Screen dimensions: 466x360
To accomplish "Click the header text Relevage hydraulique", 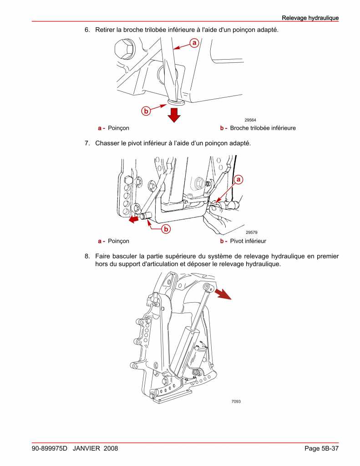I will pyautogui.click(x=310, y=18).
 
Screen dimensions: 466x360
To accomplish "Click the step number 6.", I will pyautogui.click(x=87, y=30).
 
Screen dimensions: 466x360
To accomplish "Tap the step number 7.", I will pyautogui.click(x=87, y=143).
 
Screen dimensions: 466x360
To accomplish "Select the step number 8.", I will pyautogui.click(x=87, y=257).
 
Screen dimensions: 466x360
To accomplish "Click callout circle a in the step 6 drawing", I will pyautogui.click(x=193, y=43).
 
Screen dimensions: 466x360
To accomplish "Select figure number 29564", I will pyautogui.click(x=250, y=120).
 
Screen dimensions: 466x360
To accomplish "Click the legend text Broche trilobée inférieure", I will pyautogui.click(x=263, y=128).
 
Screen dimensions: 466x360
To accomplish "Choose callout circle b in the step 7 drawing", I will pyautogui.click(x=166, y=229).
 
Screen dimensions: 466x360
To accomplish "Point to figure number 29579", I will pyautogui.click(x=252, y=233).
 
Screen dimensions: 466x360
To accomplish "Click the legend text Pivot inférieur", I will pyautogui.click(x=248, y=241).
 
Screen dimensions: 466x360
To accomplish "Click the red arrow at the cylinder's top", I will pyautogui.click(x=223, y=294).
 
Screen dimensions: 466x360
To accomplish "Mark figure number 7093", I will pyautogui.click(x=236, y=401).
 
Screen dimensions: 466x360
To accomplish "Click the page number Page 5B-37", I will pyautogui.click(x=321, y=449).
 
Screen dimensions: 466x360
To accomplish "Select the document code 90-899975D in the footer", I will pyautogui.click(x=49, y=449).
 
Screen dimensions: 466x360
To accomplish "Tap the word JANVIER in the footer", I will pyautogui.click(x=86, y=449).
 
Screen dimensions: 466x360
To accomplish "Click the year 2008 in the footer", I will pyautogui.click(x=111, y=449).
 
